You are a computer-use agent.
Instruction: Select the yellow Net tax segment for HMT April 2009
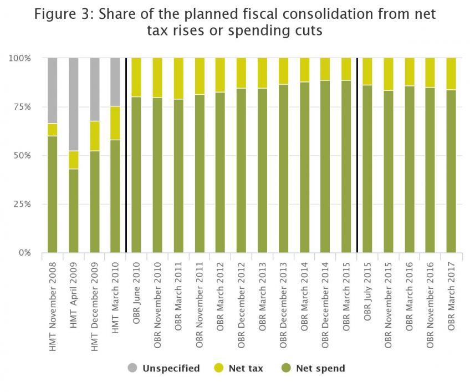(x=73, y=160)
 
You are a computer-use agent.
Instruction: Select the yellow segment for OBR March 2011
(x=178, y=78)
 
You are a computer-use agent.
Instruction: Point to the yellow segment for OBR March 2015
(x=346, y=69)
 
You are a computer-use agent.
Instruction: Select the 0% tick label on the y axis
(x=24, y=253)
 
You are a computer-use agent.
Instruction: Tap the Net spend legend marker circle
(x=285, y=368)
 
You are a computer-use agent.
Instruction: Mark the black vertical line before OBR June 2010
(x=126, y=155)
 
